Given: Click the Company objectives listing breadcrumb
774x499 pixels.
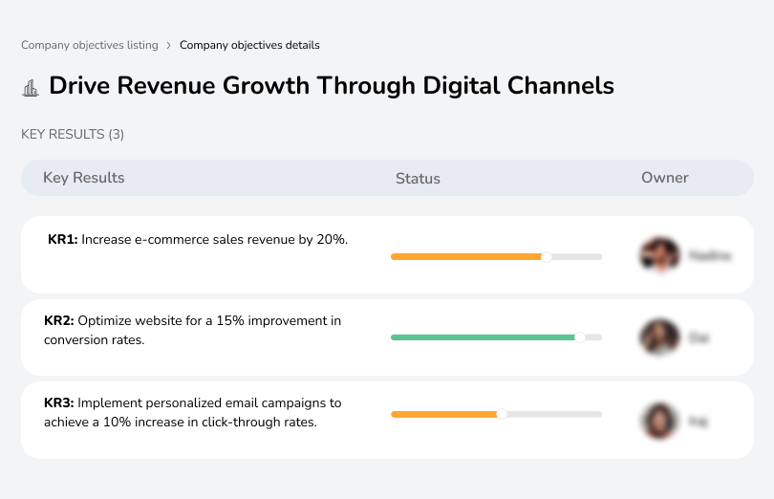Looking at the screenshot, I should click(89, 45).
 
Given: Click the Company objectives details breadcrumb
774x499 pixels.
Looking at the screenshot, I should click(249, 45).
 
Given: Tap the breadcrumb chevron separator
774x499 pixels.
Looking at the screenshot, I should click(168, 45).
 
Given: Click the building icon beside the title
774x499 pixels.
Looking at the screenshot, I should click(31, 88).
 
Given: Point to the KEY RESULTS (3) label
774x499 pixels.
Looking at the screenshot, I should click(73, 135).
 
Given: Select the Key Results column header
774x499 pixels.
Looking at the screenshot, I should click(83, 178).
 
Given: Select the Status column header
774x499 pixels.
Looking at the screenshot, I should click(418, 178).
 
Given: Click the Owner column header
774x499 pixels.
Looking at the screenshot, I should click(664, 178).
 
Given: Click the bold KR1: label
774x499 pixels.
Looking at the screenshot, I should click(62, 240).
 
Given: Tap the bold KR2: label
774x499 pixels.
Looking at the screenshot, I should click(59, 321).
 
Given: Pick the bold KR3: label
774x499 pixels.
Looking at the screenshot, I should click(59, 403).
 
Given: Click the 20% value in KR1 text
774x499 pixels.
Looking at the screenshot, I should click(331, 240).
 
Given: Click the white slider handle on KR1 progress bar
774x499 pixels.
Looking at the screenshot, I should click(547, 256).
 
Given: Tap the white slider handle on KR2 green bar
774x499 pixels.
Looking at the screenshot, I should click(579, 337).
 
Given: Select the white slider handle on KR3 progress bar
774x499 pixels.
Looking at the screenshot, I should click(502, 414).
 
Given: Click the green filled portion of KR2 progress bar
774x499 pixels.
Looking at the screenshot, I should click(483, 337).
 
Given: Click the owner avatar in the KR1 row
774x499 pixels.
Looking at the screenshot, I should click(658, 255).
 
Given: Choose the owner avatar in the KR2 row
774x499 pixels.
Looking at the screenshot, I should click(658, 337).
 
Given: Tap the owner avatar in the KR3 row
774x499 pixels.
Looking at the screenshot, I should click(658, 421).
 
